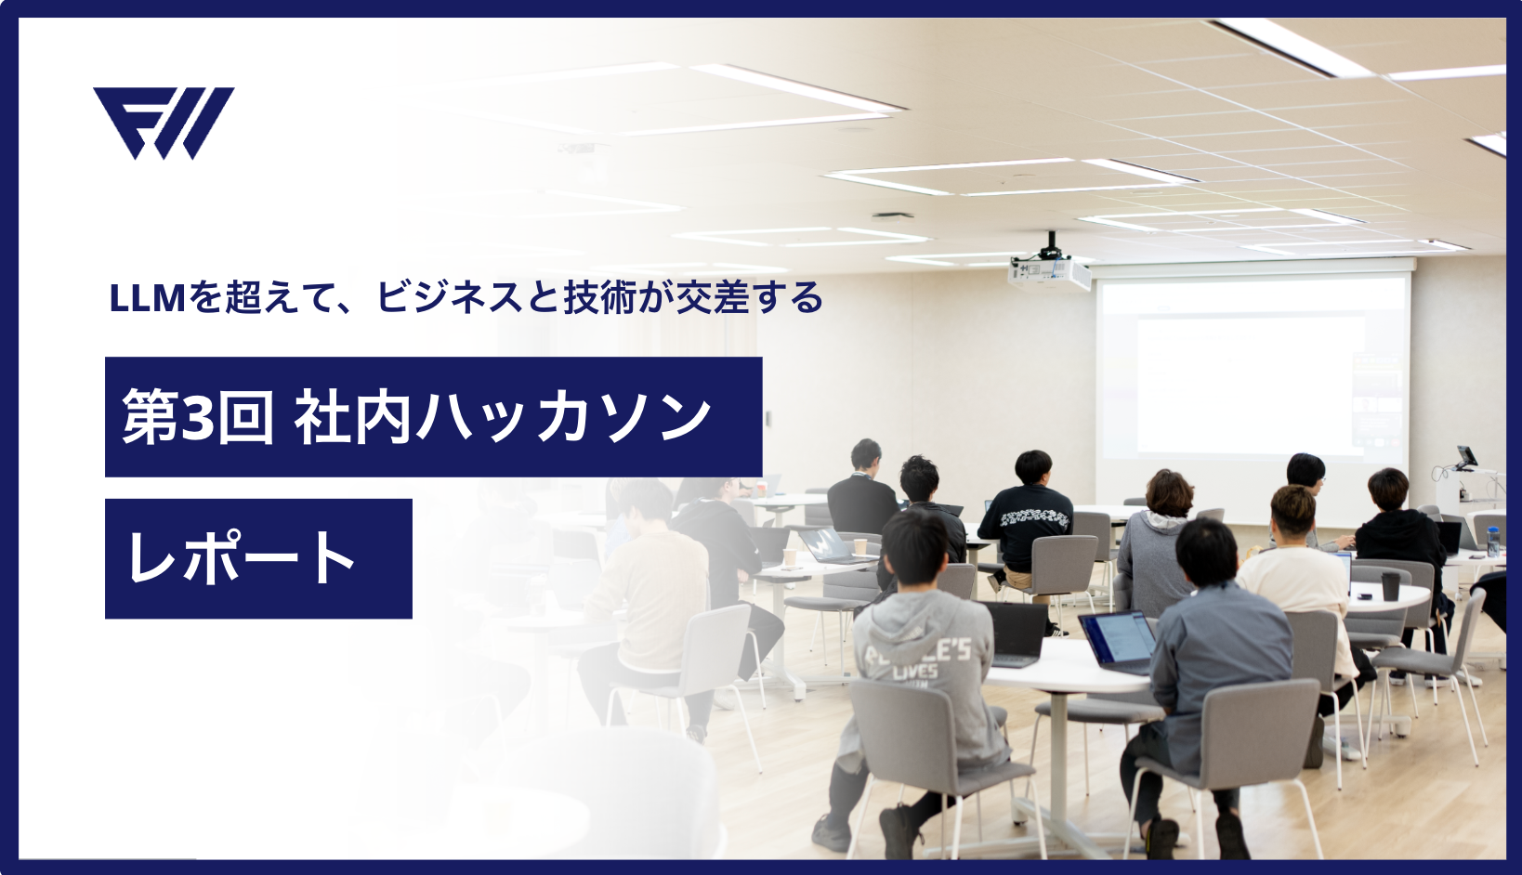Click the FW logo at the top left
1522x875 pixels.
pyautogui.click(x=164, y=123)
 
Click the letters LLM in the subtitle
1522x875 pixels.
pyautogui.click(x=148, y=299)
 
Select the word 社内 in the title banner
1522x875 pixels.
pyautogui.click(x=352, y=416)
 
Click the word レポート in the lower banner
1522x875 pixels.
pyautogui.click(x=242, y=558)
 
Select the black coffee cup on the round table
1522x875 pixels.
pyautogui.click(x=1390, y=586)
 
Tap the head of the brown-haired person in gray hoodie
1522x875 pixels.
pyautogui.click(x=1169, y=492)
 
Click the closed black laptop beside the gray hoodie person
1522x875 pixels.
pyautogui.click(x=1015, y=633)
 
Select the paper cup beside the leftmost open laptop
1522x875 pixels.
pyautogui.click(x=790, y=557)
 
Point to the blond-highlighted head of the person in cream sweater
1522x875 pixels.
pyautogui.click(x=1293, y=511)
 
